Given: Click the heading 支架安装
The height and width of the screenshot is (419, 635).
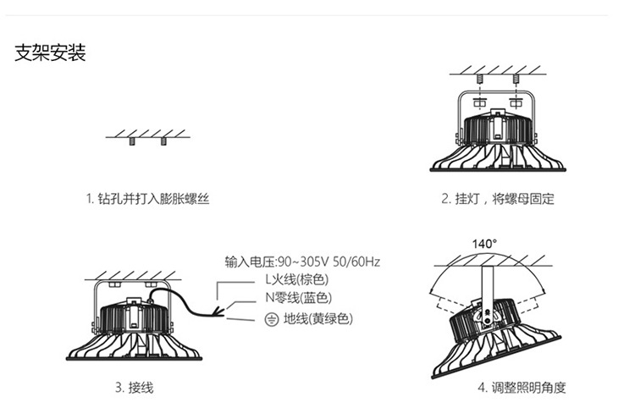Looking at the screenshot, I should click(51, 55).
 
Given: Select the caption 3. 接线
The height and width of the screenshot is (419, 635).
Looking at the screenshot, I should click(134, 388).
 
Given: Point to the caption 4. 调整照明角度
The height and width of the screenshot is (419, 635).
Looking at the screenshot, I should click(521, 388).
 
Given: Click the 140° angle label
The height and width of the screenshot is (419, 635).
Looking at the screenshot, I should click(484, 244).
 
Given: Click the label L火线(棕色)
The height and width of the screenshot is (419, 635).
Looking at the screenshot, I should click(296, 279).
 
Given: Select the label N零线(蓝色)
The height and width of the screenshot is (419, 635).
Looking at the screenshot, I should click(298, 298).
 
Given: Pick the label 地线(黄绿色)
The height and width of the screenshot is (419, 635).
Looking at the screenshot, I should click(318, 319).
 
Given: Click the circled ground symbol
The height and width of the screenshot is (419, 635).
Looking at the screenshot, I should click(272, 319).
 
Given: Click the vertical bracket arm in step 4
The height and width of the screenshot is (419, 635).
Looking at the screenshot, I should click(486, 284).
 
